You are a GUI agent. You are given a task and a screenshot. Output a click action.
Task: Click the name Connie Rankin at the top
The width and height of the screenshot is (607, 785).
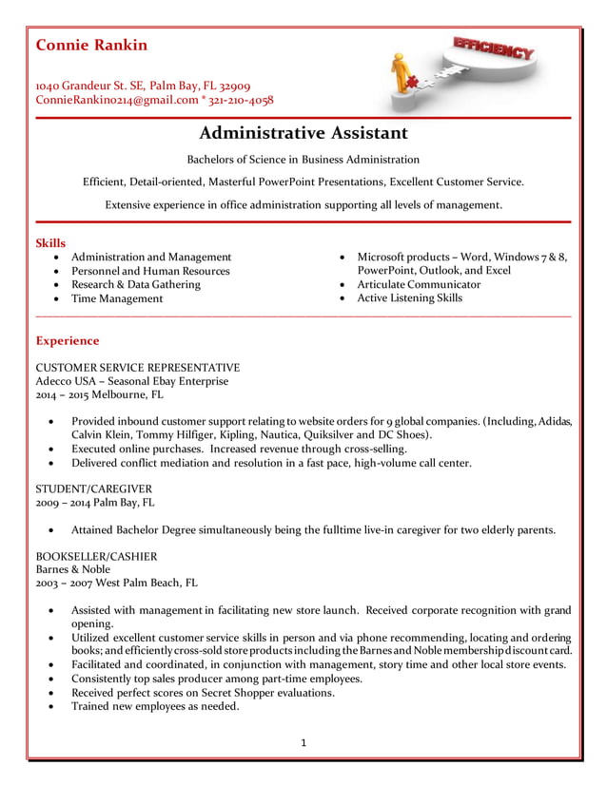(91, 46)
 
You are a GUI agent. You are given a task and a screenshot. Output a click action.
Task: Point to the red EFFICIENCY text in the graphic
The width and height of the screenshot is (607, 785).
(493, 48)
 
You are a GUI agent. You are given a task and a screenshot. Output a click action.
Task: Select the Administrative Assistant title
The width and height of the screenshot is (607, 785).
(303, 133)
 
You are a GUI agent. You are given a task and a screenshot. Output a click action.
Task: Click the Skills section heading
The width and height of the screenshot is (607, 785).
(50, 243)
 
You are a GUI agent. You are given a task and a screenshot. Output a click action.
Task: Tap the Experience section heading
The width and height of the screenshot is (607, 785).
(67, 340)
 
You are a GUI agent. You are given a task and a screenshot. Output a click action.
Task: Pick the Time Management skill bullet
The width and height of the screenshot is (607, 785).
(117, 298)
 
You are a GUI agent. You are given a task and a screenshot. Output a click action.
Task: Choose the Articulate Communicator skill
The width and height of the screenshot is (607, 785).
(419, 284)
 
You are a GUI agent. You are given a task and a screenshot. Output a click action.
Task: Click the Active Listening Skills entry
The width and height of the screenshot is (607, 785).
(409, 298)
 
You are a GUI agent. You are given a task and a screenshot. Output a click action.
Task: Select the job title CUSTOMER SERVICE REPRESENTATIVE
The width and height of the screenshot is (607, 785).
(137, 368)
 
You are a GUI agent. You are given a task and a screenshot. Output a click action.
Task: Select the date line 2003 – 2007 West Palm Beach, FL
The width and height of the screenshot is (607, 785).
(116, 583)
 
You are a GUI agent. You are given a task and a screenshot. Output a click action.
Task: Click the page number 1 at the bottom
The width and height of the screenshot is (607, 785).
(303, 742)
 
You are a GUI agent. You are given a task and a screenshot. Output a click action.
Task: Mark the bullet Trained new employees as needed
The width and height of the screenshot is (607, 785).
(155, 706)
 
